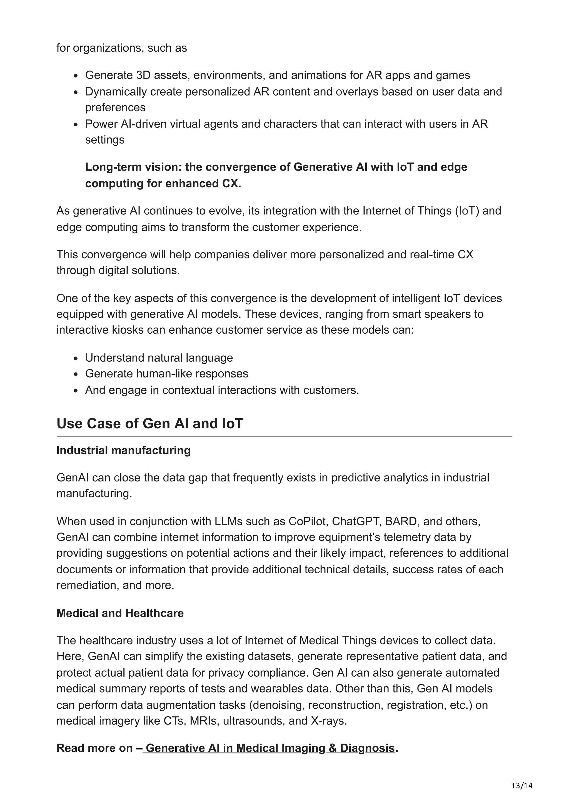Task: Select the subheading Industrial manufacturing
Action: (x=123, y=450)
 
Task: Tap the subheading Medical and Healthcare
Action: (x=120, y=613)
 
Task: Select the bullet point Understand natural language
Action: (x=159, y=357)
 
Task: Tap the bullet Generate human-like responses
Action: (x=166, y=373)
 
